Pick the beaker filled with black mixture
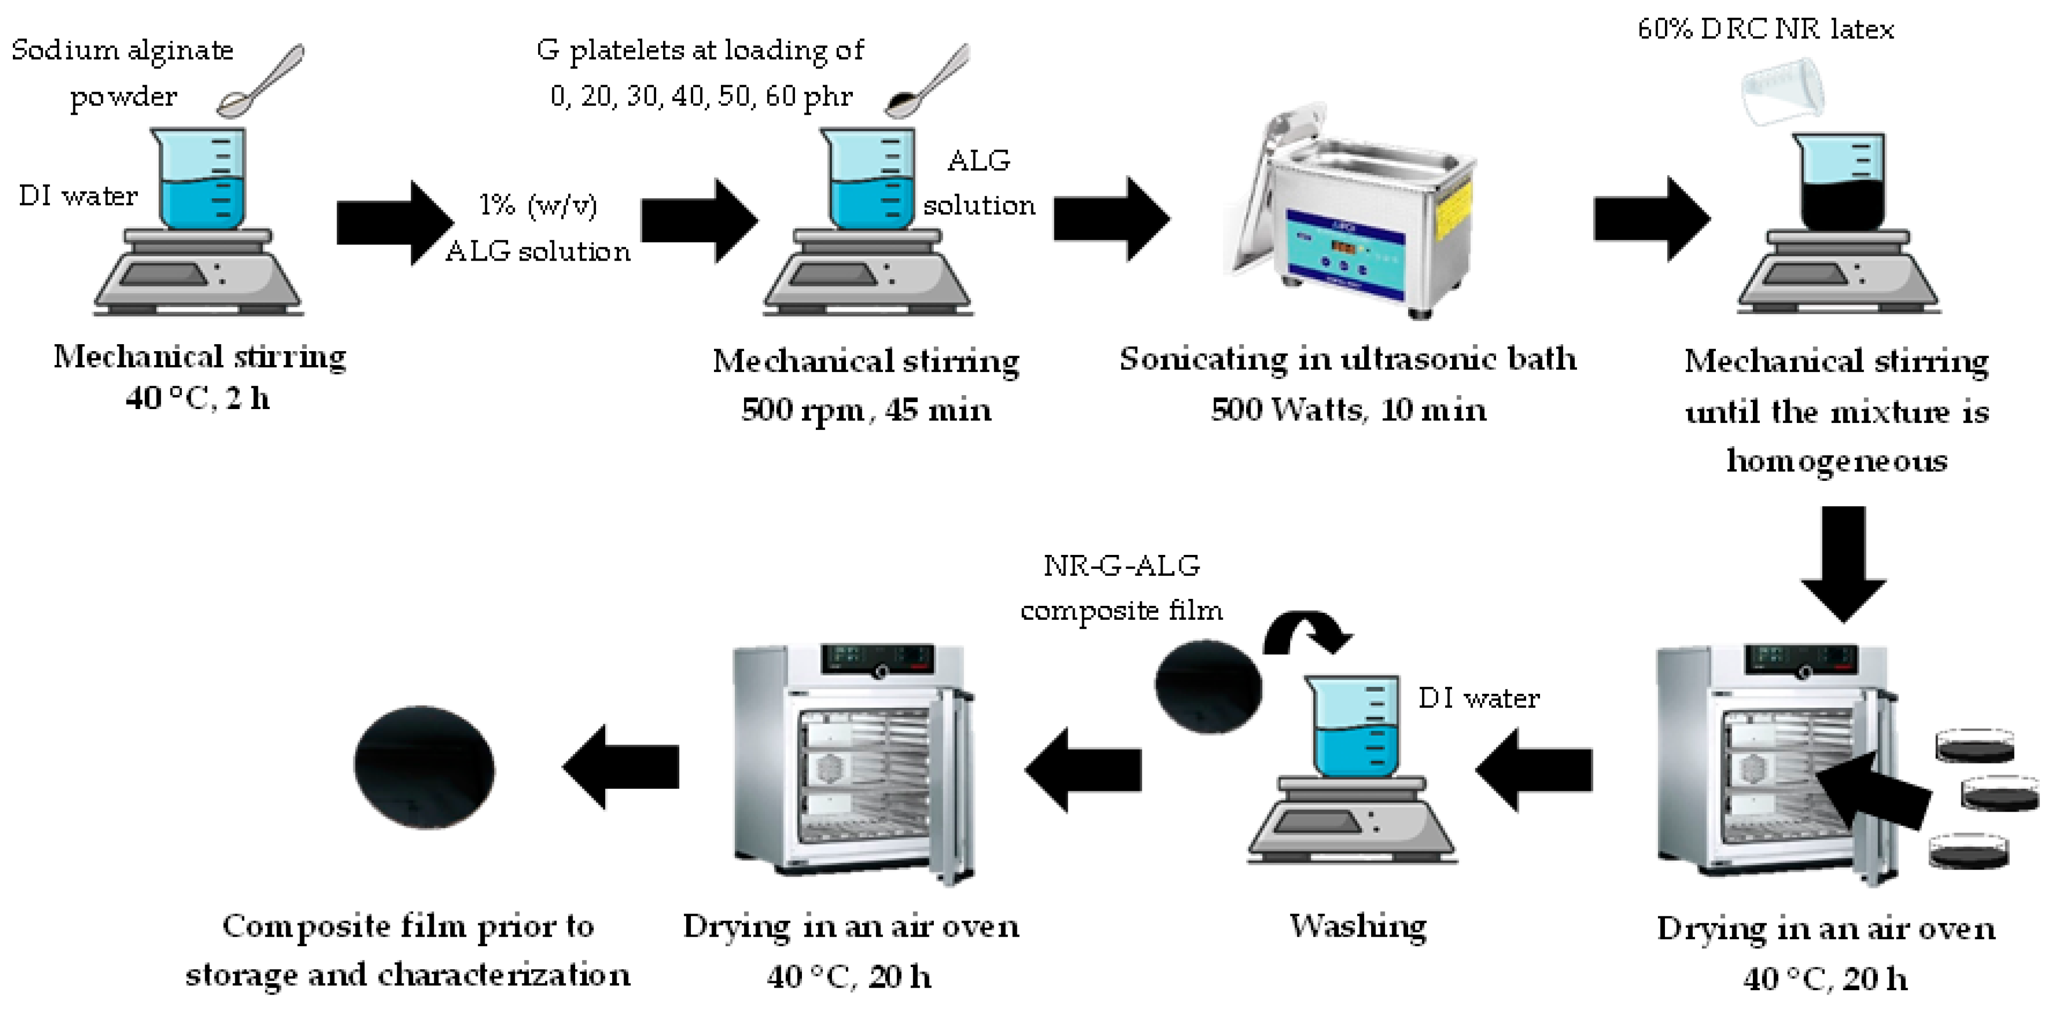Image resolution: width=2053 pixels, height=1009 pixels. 1842,183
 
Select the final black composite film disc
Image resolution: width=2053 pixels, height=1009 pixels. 424,767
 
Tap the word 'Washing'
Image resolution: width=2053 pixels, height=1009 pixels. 1358,926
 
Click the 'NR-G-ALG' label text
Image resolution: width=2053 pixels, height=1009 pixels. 1121,566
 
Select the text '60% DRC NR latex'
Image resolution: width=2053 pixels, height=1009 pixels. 1765,29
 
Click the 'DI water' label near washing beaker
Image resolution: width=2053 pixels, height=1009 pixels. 1478,698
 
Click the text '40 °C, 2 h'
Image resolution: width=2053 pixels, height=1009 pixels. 198,398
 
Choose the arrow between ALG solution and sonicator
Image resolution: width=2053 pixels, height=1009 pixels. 1112,219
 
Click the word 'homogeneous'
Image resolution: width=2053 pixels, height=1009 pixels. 1837,461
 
